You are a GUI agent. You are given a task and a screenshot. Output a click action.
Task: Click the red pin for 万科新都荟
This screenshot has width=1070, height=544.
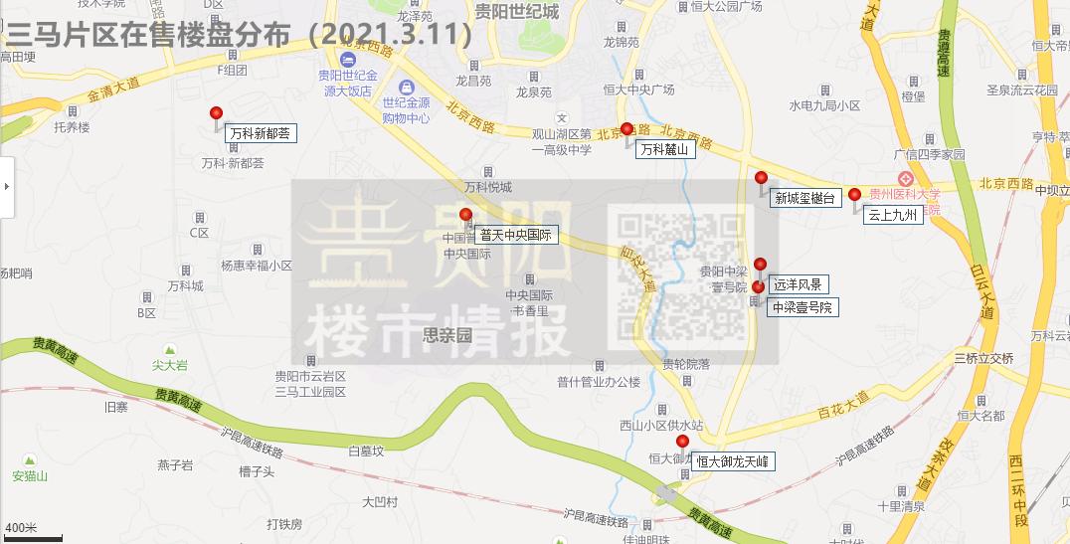click(x=216, y=113)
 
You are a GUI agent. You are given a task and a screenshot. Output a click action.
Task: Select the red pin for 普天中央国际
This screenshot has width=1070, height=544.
click(x=465, y=216)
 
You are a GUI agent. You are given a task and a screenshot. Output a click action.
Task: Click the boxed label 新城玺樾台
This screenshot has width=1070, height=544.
click(x=806, y=198)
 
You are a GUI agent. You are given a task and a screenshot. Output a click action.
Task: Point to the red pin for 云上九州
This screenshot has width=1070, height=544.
click(x=854, y=195)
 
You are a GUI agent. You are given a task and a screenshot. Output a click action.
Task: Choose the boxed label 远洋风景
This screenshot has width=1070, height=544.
click(x=798, y=285)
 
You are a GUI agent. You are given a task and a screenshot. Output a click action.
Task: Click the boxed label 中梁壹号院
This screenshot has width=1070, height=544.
click(x=802, y=307)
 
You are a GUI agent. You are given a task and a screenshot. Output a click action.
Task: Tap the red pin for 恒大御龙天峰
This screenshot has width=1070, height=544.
click(x=682, y=442)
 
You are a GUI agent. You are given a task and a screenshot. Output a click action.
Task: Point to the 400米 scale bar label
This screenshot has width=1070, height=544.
click(x=21, y=527)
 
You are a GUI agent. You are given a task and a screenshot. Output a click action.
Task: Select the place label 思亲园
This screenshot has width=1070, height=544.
click(x=446, y=335)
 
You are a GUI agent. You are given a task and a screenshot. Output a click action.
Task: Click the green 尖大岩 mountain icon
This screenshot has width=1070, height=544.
click(x=169, y=350)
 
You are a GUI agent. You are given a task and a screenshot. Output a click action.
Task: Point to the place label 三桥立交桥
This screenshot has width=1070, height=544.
click(x=983, y=358)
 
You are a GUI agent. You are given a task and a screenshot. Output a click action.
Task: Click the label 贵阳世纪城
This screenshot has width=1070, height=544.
click(x=516, y=12)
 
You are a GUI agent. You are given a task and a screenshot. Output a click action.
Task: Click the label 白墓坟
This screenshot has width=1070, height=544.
click(x=365, y=451)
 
